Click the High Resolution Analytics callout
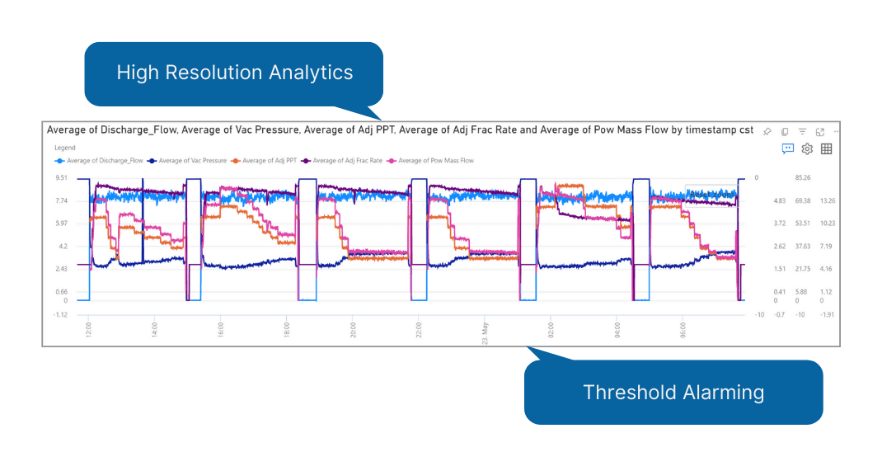pyautogui.click(x=234, y=73)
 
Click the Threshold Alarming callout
pyautogui.click(x=673, y=392)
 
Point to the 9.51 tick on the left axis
pyautogui.click(x=62, y=177)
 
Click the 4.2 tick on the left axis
pyautogui.click(x=63, y=246)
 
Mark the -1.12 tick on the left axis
pyautogui.click(x=62, y=314)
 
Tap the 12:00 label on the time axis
pyautogui.click(x=88, y=328)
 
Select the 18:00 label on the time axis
pyautogui.click(x=286, y=328)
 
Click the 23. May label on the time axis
pyautogui.click(x=486, y=332)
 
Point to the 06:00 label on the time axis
pyautogui.click(x=683, y=328)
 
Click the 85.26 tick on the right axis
pyautogui.click(x=802, y=177)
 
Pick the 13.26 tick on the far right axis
pyautogui.click(x=828, y=200)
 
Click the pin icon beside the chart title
pyautogui.click(x=767, y=132)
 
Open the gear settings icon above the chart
pyautogui.click(x=808, y=149)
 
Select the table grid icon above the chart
pyautogui.click(x=827, y=149)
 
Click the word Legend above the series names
pyautogui.click(x=64, y=148)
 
